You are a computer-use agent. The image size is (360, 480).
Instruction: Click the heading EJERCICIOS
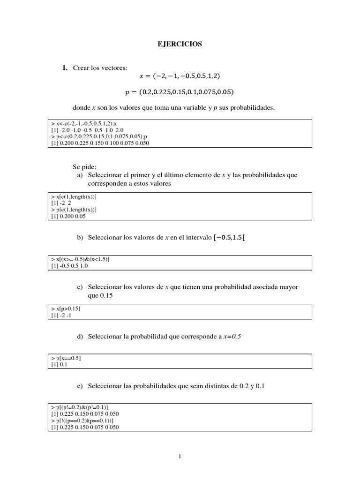pos(180,44)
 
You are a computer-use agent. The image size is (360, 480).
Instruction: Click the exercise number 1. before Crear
pos(65,68)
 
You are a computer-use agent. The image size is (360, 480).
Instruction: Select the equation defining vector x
pos(180,76)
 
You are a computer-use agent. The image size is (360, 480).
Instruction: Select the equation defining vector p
pos(180,91)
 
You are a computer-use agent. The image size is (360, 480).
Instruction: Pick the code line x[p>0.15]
pos(66,309)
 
